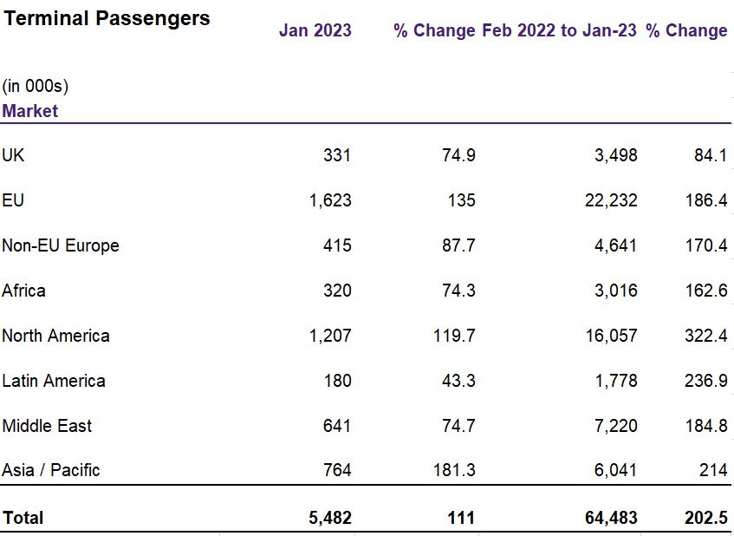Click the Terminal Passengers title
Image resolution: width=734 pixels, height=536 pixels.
106,18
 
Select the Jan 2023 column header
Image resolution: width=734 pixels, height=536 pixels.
315,30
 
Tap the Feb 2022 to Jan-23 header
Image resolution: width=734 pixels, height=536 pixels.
559,30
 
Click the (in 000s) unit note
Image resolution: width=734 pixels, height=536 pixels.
36,86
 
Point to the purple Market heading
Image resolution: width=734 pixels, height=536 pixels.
30,111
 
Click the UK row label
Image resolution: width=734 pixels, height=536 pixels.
13,155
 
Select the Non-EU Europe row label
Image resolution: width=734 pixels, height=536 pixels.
61,245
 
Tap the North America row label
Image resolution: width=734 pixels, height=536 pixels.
55,336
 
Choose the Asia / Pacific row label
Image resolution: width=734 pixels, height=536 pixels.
51,470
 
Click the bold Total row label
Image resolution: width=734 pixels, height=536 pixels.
23,518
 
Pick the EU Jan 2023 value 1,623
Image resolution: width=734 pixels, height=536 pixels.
330,200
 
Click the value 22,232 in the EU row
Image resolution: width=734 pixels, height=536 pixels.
611,200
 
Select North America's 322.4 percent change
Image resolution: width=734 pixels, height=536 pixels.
705,336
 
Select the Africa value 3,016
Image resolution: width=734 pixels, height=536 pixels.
615,291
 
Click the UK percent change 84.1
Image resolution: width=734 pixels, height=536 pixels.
709,155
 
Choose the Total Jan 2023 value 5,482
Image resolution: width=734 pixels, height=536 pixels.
330,518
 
